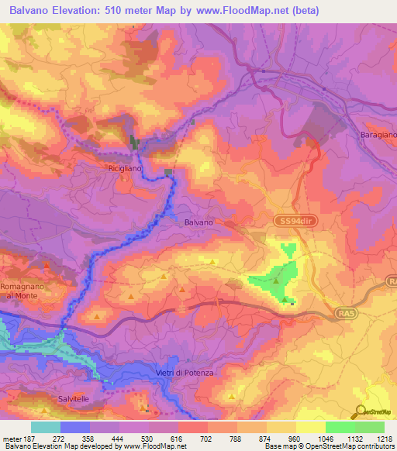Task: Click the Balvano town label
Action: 198,222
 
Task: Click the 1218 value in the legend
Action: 385,437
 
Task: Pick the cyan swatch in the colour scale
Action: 46,427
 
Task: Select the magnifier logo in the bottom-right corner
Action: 361,411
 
